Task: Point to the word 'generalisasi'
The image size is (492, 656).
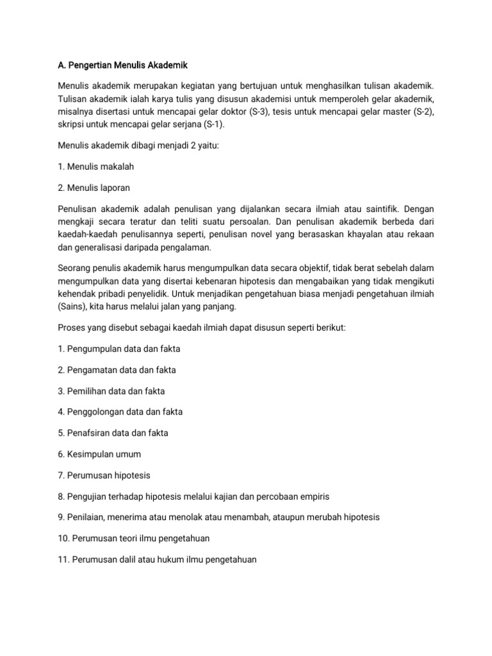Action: pyautogui.click(x=99, y=247)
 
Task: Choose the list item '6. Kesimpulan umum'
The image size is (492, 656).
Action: pyautogui.click(x=99, y=454)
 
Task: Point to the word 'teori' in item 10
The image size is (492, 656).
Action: pyautogui.click(x=128, y=538)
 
